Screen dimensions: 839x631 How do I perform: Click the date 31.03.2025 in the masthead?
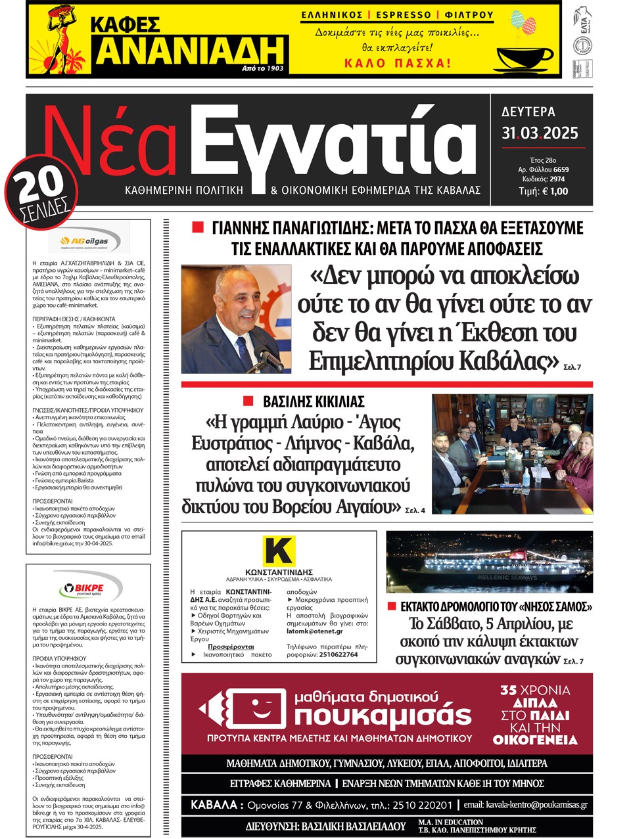pyautogui.click(x=540, y=133)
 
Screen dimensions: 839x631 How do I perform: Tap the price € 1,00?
pyautogui.click(x=554, y=191)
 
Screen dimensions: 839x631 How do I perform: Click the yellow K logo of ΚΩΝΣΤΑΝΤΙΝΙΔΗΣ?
pyautogui.click(x=279, y=551)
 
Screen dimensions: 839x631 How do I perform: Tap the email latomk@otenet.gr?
pyautogui.click(x=314, y=631)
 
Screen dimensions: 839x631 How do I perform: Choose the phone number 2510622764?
pyautogui.click(x=331, y=654)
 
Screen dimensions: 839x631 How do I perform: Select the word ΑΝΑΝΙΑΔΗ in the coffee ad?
pyautogui.click(x=191, y=51)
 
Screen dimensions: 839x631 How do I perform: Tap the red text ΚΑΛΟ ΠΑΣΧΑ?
pyautogui.click(x=398, y=64)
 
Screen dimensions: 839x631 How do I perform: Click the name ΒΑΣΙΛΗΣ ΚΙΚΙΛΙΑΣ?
pyautogui.click(x=314, y=401)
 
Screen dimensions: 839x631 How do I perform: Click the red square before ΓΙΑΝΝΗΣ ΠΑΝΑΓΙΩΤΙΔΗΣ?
pyautogui.click(x=197, y=227)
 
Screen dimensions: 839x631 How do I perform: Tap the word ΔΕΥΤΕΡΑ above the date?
pyautogui.click(x=528, y=112)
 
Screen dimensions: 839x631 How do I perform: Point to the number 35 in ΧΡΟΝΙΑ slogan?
pyautogui.click(x=508, y=690)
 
